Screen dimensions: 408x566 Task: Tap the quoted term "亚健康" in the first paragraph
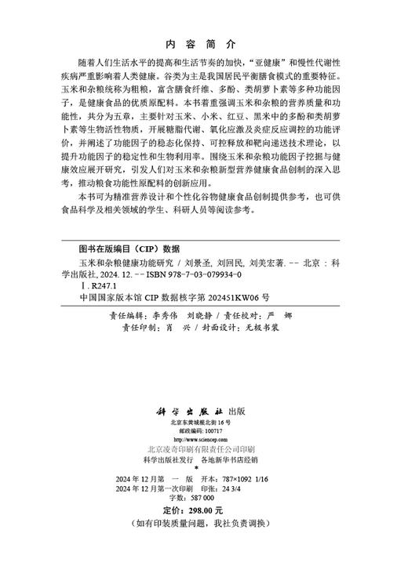coord(273,61)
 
